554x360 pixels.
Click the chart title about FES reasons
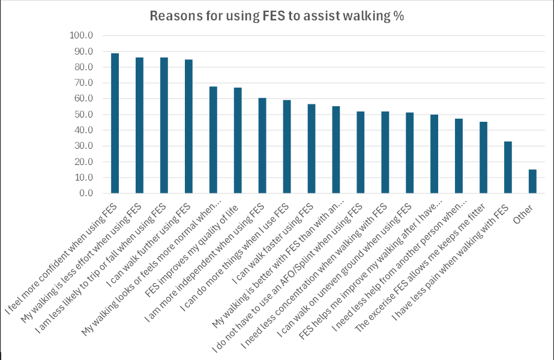(x=277, y=16)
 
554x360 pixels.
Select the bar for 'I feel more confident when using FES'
(x=115, y=123)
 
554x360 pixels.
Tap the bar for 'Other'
(x=532, y=181)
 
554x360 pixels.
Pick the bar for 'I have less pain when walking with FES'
(x=508, y=167)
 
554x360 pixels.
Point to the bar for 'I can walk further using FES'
(x=188, y=126)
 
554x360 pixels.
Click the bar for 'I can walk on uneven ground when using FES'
(x=409, y=153)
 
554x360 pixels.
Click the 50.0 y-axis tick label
(x=83, y=115)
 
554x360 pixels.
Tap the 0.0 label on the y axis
(x=85, y=194)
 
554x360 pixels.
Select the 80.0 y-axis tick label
(x=83, y=67)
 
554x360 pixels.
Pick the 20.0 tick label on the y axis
(x=83, y=162)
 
